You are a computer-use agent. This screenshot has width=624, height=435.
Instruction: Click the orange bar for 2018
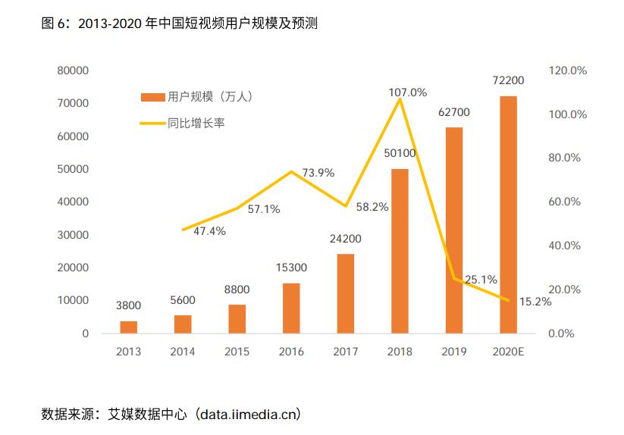click(x=400, y=251)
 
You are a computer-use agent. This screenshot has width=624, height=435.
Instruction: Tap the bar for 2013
click(x=129, y=327)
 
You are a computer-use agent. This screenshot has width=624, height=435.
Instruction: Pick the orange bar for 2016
click(x=291, y=308)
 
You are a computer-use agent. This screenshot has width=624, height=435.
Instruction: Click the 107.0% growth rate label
click(x=407, y=92)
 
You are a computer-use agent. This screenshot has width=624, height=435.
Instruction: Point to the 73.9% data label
click(x=318, y=173)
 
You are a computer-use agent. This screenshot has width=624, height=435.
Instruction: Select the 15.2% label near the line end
click(x=535, y=302)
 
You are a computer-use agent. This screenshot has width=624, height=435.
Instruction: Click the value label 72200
click(x=508, y=80)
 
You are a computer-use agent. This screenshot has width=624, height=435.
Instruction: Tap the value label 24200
click(x=345, y=238)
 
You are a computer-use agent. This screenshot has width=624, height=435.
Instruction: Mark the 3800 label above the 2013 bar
click(x=129, y=305)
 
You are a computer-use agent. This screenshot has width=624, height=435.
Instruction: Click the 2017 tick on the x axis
click(x=345, y=352)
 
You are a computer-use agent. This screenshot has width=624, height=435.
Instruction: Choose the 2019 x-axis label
click(x=453, y=352)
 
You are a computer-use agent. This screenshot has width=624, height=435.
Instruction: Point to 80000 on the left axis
click(x=73, y=70)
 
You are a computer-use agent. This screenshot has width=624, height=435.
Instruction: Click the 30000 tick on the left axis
click(x=73, y=235)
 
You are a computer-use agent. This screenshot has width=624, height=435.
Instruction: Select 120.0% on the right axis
click(x=568, y=70)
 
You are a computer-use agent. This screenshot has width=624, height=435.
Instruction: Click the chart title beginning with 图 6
click(x=179, y=23)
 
